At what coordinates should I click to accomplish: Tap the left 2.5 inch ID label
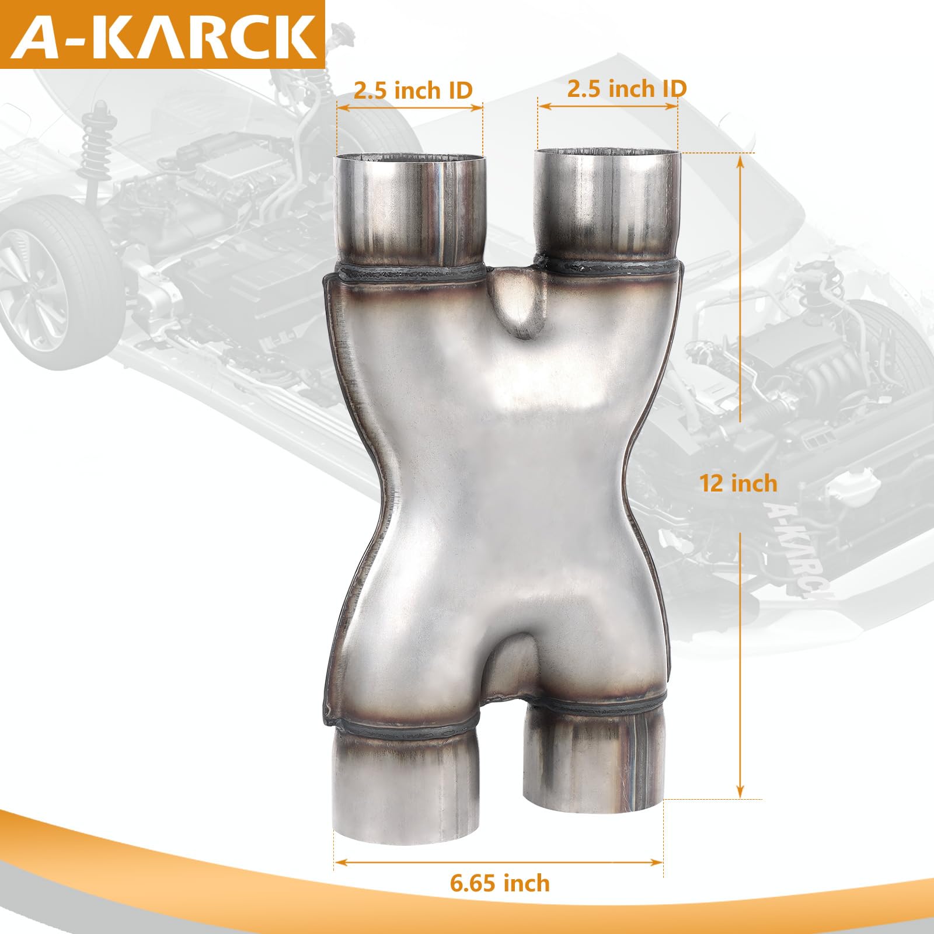coord(413,90)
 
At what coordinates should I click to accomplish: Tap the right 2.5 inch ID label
coord(626,89)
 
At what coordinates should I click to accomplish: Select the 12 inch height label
coord(738,483)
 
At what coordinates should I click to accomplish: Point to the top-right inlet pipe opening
coord(608,153)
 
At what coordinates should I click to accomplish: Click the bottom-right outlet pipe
coord(594,759)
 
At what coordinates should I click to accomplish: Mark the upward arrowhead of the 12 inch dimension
coord(741,160)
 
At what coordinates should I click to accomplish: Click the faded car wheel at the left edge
coord(53,280)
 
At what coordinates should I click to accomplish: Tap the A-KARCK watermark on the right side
coord(797,549)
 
